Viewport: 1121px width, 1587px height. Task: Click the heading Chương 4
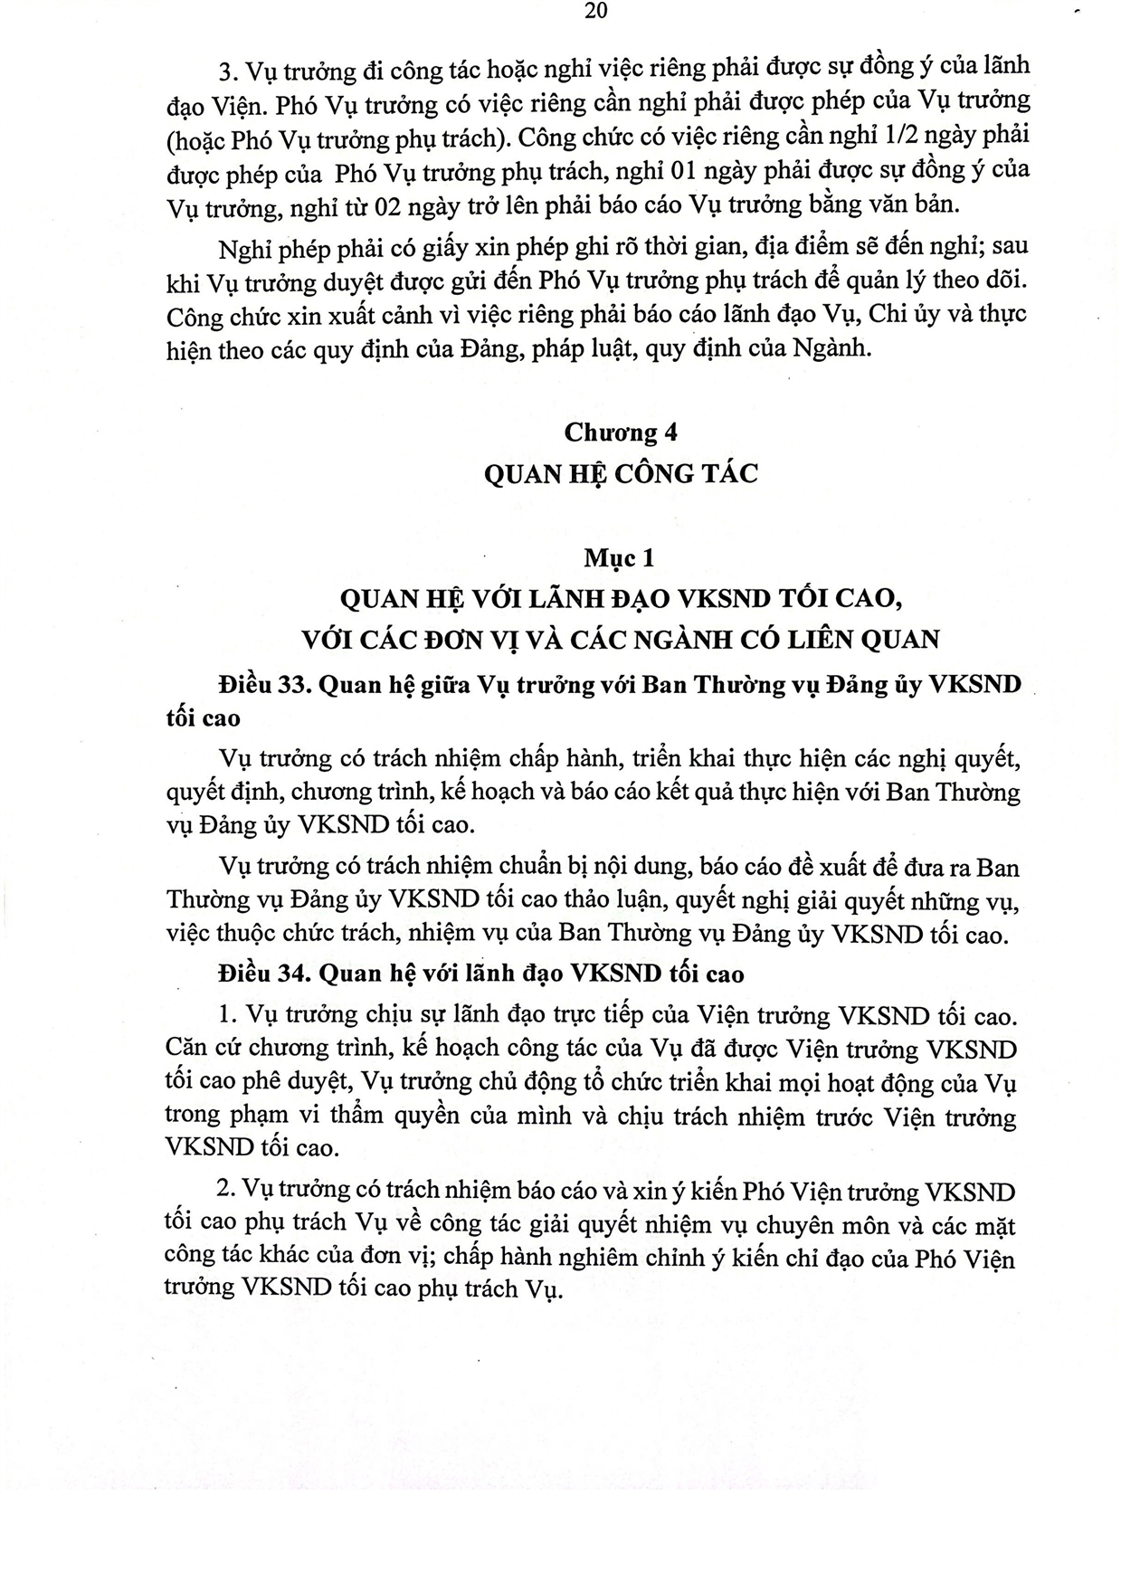pos(621,432)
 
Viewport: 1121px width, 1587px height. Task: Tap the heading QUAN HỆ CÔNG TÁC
pos(621,473)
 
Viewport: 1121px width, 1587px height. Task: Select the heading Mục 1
pos(619,558)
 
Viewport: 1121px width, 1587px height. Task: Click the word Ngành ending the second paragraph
pos(831,349)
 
